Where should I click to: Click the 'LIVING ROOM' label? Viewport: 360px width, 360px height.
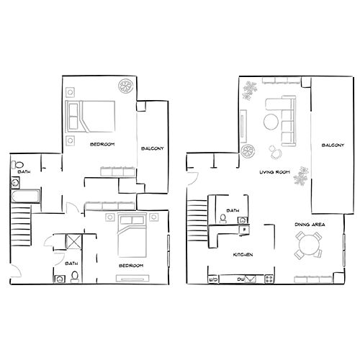point(274,172)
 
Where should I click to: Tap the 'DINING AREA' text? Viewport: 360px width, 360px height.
point(310,225)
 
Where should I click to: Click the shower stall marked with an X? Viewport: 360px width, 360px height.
point(73,241)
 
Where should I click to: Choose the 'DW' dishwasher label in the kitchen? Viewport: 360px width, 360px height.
point(241,279)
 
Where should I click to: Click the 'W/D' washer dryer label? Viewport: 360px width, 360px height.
point(213,279)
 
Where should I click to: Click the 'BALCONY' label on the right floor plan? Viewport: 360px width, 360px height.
point(332,145)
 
